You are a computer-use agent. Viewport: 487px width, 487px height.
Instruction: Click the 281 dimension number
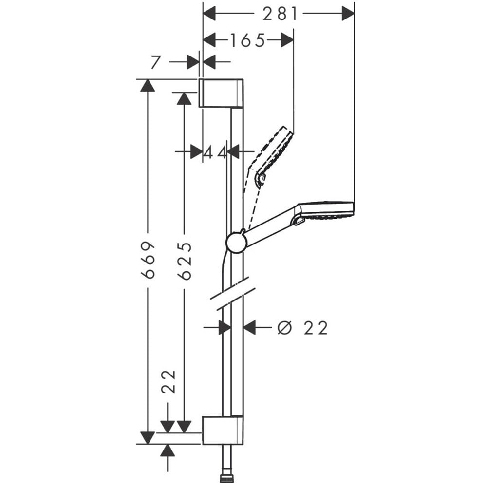pyautogui.click(x=280, y=14)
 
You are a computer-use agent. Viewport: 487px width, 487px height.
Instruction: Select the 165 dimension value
pyautogui.click(x=247, y=40)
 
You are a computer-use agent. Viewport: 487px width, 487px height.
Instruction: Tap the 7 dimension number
pyautogui.click(x=156, y=62)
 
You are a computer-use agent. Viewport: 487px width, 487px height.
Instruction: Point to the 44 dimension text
pyautogui.click(x=215, y=152)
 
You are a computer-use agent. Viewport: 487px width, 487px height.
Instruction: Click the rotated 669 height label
pyautogui.click(x=148, y=260)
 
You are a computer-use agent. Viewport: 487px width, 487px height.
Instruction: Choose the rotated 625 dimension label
pyautogui.click(x=185, y=261)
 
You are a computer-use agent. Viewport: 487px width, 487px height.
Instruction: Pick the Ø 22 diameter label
pyautogui.click(x=302, y=328)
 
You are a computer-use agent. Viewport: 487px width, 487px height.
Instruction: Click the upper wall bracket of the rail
pyautogui.click(x=221, y=93)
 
